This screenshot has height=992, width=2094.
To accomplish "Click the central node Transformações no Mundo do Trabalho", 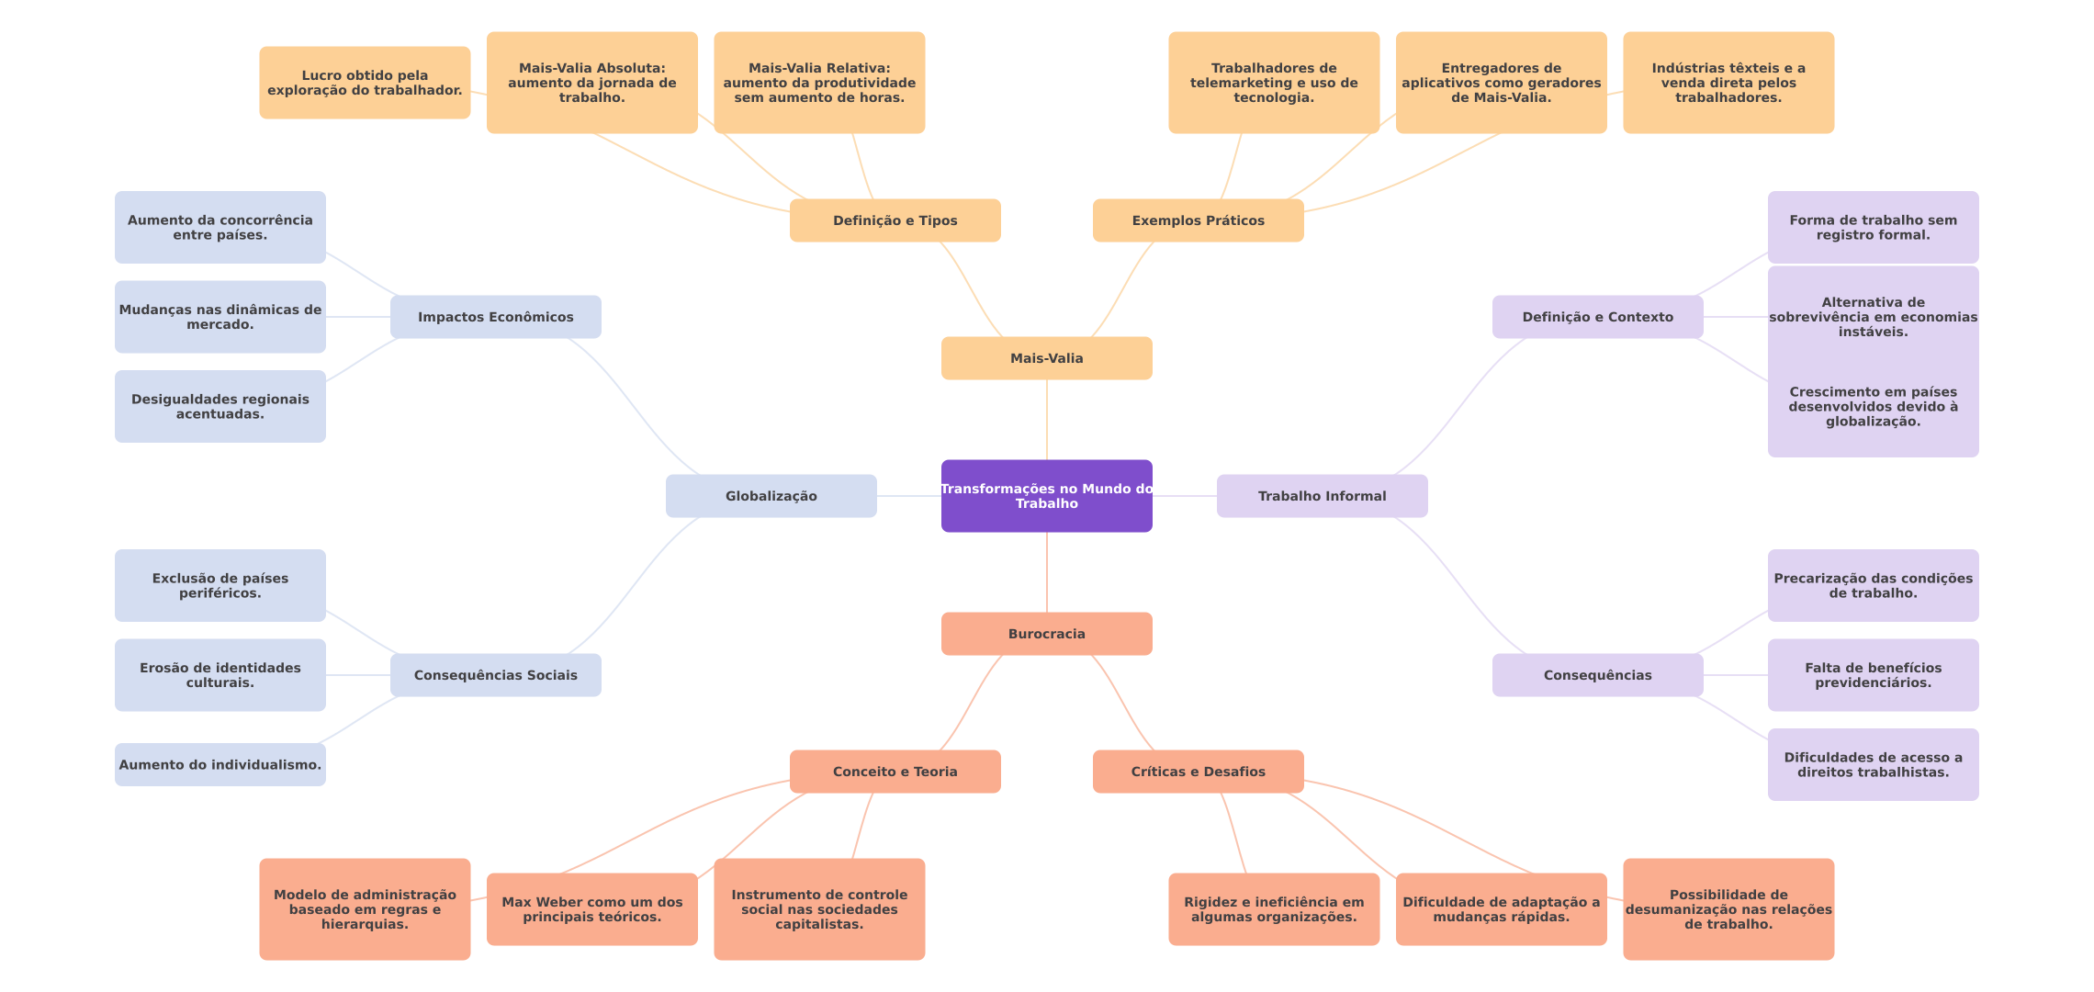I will pyautogui.click(x=1046, y=496).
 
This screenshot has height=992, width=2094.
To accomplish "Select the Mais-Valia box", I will pyautogui.click(x=1046, y=358).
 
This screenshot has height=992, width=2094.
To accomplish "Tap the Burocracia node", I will pyautogui.click(x=1046, y=634).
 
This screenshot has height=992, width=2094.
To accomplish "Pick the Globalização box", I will pyautogui.click(x=771, y=496).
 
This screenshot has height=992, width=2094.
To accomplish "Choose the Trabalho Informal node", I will pyautogui.click(x=1322, y=496).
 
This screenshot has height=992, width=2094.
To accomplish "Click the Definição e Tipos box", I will pyautogui.click(x=895, y=220).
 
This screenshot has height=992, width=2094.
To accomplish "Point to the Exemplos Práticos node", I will pyautogui.click(x=1198, y=220).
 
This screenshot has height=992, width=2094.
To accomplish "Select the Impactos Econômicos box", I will pyautogui.click(x=495, y=317).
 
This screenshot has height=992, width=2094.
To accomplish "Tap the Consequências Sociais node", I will pyautogui.click(x=495, y=675).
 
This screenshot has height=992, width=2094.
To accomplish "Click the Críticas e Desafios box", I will pyautogui.click(x=1198, y=772).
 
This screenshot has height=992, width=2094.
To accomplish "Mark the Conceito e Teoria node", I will pyautogui.click(x=895, y=772).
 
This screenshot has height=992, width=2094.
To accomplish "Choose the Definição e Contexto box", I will pyautogui.click(x=1597, y=317).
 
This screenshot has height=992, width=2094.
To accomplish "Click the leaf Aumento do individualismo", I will pyautogui.click(x=220, y=764).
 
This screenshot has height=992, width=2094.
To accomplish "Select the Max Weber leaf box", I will pyautogui.click(x=591, y=909).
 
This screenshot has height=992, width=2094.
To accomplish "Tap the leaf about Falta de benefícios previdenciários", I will pyautogui.click(x=1873, y=675).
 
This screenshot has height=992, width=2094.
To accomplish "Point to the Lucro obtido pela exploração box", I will pyautogui.click(x=365, y=83).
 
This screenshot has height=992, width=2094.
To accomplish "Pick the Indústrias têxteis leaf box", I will pyautogui.click(x=1728, y=83).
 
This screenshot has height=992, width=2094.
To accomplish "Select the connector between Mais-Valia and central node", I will pyautogui.click(x=1047, y=420).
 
